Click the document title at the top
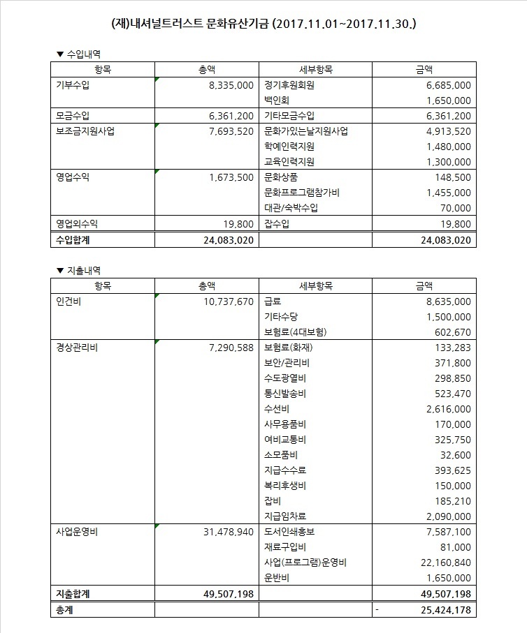pos(264,24)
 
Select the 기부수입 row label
pos(73,84)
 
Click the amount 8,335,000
pos(230,84)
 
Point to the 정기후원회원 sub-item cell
pos(289,84)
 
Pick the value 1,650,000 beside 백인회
pos(447,100)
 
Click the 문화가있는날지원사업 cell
pos(306,131)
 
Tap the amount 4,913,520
pos(447,131)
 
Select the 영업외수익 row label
pos(77,223)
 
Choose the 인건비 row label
pos(68,301)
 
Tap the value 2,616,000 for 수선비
pos(447,408)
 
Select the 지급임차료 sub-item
pos(285,516)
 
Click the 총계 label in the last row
pos(64,609)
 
